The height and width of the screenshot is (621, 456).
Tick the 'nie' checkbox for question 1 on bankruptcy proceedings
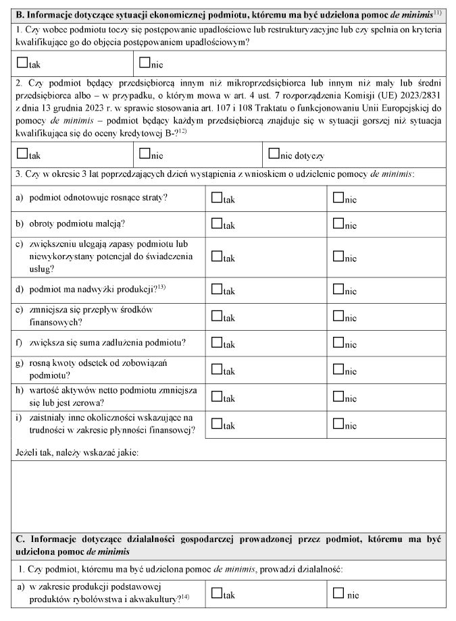[144, 63]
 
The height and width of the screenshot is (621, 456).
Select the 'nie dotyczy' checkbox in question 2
[274, 154]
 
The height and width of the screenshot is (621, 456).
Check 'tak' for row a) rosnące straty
[216, 198]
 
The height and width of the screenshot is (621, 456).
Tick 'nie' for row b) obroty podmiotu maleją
[338, 223]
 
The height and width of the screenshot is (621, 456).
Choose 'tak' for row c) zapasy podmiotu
[216, 256]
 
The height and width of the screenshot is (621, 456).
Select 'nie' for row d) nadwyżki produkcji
[338, 290]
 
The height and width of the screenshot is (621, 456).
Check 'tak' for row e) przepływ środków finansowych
[216, 315]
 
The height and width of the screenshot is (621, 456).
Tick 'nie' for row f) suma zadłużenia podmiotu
[338, 343]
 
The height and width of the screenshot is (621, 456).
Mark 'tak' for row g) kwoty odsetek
[216, 369]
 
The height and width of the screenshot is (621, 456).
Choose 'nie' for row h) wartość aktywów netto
[338, 397]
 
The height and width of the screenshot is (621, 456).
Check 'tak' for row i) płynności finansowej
[216, 425]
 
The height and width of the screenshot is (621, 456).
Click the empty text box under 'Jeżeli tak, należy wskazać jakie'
[228, 495]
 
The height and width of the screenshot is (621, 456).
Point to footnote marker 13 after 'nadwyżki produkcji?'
[161, 287]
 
